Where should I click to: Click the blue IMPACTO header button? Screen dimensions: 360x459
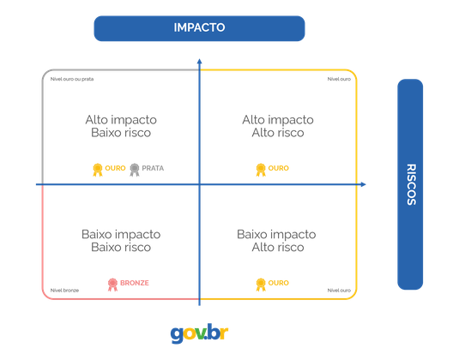coord(199,27)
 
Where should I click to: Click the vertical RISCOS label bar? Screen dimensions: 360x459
coord(410,184)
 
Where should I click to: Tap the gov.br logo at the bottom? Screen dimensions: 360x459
coord(199,332)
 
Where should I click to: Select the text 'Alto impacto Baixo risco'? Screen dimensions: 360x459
coord(120,127)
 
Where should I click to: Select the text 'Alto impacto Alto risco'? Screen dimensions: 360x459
coord(276,127)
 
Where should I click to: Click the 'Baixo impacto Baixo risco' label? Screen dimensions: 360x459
coord(120,240)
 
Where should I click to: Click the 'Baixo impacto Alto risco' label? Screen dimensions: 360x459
coord(276,240)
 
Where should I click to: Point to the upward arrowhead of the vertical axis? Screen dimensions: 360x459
coord(199,61)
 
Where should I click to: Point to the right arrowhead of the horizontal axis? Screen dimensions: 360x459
coord(365,184)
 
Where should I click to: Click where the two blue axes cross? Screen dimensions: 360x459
coord(199,184)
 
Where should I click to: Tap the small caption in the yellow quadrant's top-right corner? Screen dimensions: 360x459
coord(339,80)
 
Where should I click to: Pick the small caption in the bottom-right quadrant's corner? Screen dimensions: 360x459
coord(339,291)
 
